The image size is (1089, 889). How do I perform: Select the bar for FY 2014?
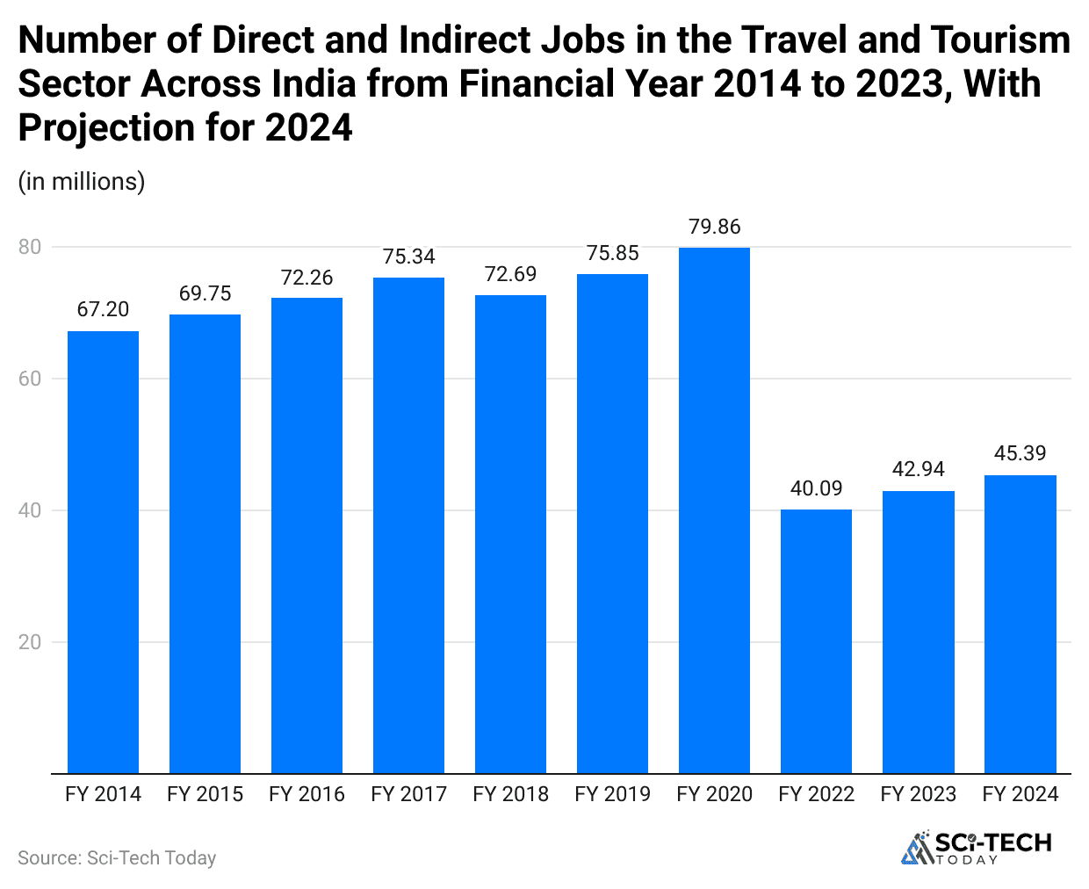coord(103,552)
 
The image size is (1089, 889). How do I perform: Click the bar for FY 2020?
coord(714,510)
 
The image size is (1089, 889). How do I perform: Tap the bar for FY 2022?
coord(816,641)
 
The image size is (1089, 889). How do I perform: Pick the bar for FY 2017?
coord(408,525)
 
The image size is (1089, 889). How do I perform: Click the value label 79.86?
coord(714,227)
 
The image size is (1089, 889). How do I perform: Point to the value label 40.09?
coord(816,488)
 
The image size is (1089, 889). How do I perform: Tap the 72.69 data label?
coord(510,274)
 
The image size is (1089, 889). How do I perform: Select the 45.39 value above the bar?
coord(1020,453)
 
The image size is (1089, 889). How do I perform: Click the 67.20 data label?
coord(103,309)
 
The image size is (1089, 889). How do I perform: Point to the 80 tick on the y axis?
coord(30,247)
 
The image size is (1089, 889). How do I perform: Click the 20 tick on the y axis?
coord(30,642)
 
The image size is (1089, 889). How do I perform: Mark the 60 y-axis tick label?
coord(30,379)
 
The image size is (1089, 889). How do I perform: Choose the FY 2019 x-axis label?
coord(612,794)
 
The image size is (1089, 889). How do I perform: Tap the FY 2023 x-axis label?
coord(918,794)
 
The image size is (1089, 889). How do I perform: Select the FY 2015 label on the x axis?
coord(205,794)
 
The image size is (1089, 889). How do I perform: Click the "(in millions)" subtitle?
coord(82,181)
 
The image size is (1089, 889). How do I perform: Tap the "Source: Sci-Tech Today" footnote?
coord(117,858)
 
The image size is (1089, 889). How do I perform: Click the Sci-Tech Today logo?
coord(977,847)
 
